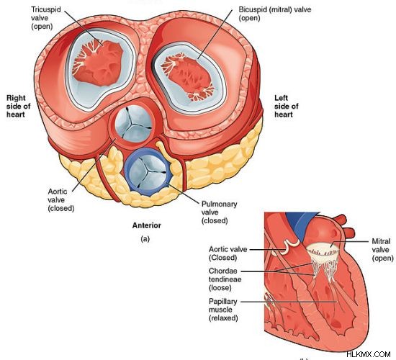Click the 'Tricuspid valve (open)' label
pos(45,18)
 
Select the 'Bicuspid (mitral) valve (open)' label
pos(275,14)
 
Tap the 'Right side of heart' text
pos(19,106)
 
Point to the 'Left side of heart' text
pos(286,106)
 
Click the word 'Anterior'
pos(146,225)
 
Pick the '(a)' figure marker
pos(145,239)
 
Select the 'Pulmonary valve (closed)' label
pos(219,212)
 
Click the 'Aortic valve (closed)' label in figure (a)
pos(61,200)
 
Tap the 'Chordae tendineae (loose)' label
pos(225,279)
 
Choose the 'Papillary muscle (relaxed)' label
pos(223,310)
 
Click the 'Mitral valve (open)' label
pos(382,250)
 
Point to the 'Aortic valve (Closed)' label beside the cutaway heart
pos(228,253)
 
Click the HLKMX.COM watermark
pos(369,354)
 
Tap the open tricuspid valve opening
pos(98,63)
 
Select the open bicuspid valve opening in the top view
pos(187,76)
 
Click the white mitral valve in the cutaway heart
pos(323,255)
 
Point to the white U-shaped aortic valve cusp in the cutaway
pos(290,246)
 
